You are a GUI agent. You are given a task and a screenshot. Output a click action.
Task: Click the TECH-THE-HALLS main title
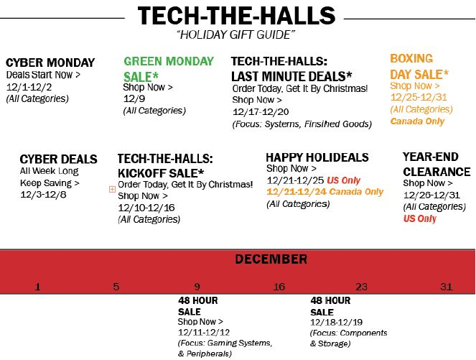(237, 16)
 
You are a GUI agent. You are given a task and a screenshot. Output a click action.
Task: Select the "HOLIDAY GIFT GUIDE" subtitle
(236, 34)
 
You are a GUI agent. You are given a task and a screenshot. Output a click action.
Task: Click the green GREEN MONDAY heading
(169, 62)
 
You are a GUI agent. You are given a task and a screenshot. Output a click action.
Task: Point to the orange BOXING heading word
(411, 58)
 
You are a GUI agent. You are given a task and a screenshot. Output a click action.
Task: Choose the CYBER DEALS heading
(58, 160)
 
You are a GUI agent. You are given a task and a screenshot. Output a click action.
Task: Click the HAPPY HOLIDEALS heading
(317, 157)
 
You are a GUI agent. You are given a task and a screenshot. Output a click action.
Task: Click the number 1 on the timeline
(38, 287)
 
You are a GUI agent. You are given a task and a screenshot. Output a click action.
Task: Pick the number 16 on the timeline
(279, 287)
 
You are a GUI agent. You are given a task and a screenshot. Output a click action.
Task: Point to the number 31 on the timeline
(447, 287)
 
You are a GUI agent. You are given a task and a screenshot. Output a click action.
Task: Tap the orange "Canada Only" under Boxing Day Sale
(417, 121)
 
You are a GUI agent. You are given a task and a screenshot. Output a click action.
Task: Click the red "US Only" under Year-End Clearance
(419, 218)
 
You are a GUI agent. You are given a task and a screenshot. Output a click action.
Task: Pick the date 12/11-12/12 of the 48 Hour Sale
(204, 332)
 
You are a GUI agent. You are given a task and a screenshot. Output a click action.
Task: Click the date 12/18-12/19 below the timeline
(336, 323)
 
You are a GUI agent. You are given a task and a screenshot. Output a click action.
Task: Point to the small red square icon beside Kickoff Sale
(112, 189)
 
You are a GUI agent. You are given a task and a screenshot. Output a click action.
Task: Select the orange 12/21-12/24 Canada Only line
(325, 192)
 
